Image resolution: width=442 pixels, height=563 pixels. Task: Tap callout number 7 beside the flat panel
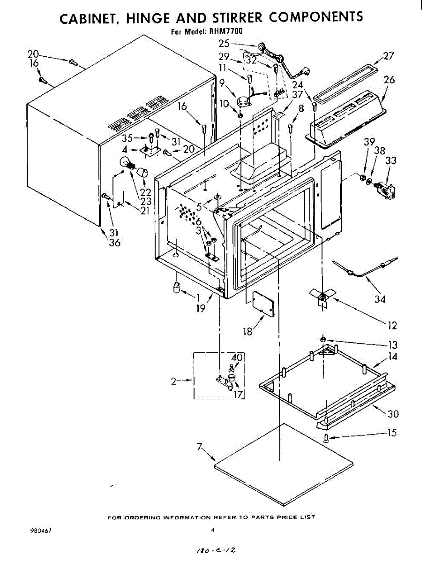pos(200,447)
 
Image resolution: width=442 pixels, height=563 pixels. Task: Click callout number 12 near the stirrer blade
pos(392,325)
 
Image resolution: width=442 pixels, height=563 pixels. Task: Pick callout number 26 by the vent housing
pos(389,80)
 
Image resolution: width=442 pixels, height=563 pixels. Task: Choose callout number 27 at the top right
pos(388,56)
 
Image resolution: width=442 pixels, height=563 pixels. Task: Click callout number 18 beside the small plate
pos(247,332)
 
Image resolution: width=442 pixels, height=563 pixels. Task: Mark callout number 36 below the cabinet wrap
pos(114,242)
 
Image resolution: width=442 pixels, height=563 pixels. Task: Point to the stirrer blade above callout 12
pos(322,296)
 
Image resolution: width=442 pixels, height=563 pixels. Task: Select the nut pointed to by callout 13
pos(323,339)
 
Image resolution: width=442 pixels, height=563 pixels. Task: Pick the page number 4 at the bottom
pos(212,530)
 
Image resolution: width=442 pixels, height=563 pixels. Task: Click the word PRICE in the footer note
pos(284,517)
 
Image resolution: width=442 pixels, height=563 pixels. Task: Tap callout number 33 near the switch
pos(390,161)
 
